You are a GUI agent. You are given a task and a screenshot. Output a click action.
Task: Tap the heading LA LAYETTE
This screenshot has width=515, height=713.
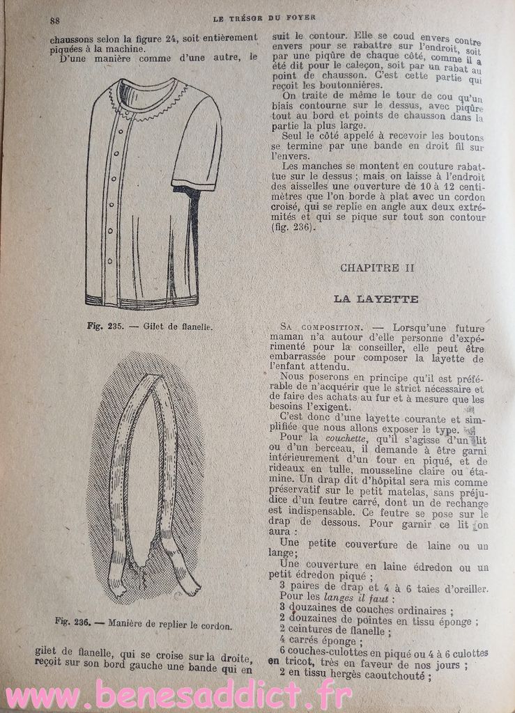pyautogui.click(x=376, y=299)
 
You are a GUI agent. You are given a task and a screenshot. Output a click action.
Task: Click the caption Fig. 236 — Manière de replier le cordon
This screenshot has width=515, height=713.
pyautogui.click(x=143, y=623)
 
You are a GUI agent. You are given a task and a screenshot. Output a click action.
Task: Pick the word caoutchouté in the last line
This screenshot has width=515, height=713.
pyautogui.click(x=394, y=675)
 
